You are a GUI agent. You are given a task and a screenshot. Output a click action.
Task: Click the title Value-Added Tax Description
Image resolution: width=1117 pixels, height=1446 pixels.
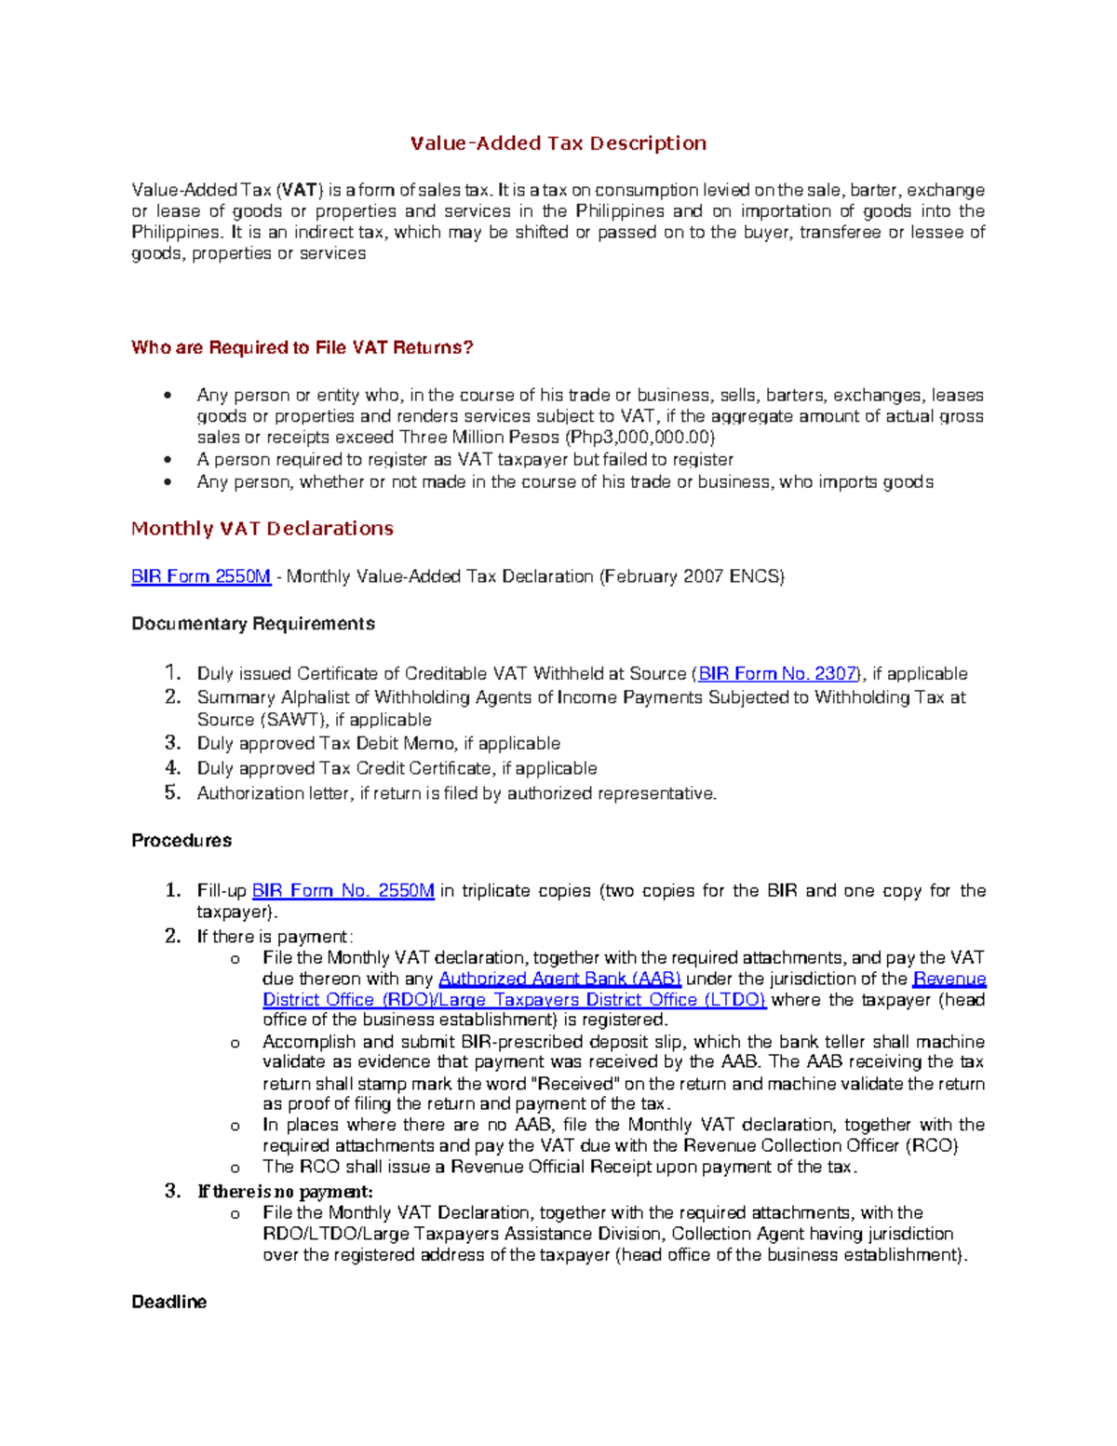pos(558,143)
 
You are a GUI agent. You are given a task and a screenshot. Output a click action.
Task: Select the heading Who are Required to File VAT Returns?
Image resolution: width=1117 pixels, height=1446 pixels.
pos(302,347)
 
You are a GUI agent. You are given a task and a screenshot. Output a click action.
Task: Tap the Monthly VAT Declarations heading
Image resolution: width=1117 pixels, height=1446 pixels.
pos(262,529)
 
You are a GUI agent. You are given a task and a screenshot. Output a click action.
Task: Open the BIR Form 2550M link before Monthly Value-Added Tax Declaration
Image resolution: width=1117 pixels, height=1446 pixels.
pos(201,576)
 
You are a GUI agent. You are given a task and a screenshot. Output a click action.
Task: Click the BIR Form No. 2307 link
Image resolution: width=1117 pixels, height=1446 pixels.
pos(777,673)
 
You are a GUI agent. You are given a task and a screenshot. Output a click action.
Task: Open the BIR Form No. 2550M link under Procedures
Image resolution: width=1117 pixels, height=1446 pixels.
pos(343,890)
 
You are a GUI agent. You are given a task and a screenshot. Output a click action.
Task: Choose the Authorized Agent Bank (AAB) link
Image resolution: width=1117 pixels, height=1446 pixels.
pos(559,979)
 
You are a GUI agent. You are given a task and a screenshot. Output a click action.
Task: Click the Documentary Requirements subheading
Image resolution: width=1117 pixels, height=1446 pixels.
pos(252,624)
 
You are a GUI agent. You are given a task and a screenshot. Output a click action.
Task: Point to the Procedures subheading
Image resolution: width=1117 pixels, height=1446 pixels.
pos(182,840)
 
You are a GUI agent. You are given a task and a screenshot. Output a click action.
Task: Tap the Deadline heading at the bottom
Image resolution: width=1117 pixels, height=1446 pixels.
pos(168,1302)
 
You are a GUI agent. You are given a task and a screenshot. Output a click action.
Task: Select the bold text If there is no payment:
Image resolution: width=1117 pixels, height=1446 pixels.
pos(285,1192)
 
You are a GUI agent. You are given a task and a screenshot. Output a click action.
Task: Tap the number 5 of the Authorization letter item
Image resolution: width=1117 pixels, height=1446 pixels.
pos(172,792)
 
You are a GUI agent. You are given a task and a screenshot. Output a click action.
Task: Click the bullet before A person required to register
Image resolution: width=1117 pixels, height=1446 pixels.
pos(168,460)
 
